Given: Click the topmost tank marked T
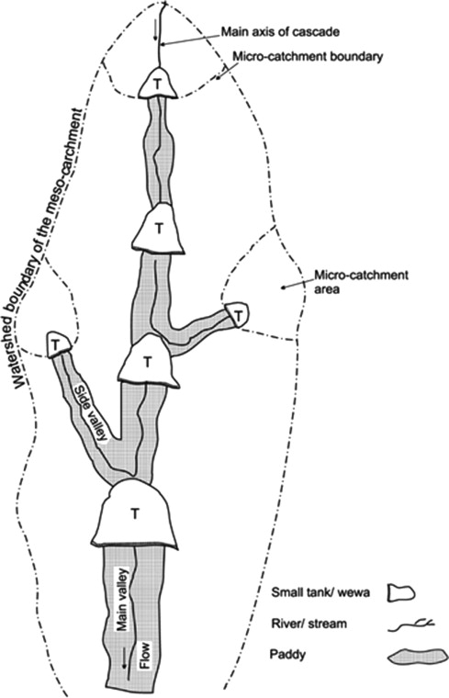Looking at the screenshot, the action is (x=157, y=83).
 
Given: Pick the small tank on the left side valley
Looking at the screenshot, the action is (x=58, y=344).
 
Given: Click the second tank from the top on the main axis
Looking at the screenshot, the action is (x=158, y=229).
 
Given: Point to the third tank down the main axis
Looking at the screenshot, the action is (x=147, y=361).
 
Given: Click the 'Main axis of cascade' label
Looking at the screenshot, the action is (x=280, y=32).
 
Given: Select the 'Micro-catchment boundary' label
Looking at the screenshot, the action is (x=308, y=57).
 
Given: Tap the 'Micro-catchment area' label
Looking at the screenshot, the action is (x=362, y=281).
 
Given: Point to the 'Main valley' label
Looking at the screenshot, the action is (x=122, y=599).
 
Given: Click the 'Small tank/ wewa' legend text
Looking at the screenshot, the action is (x=320, y=592).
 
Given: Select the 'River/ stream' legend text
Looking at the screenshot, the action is (x=309, y=624).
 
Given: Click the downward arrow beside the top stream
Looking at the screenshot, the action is (x=155, y=30).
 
